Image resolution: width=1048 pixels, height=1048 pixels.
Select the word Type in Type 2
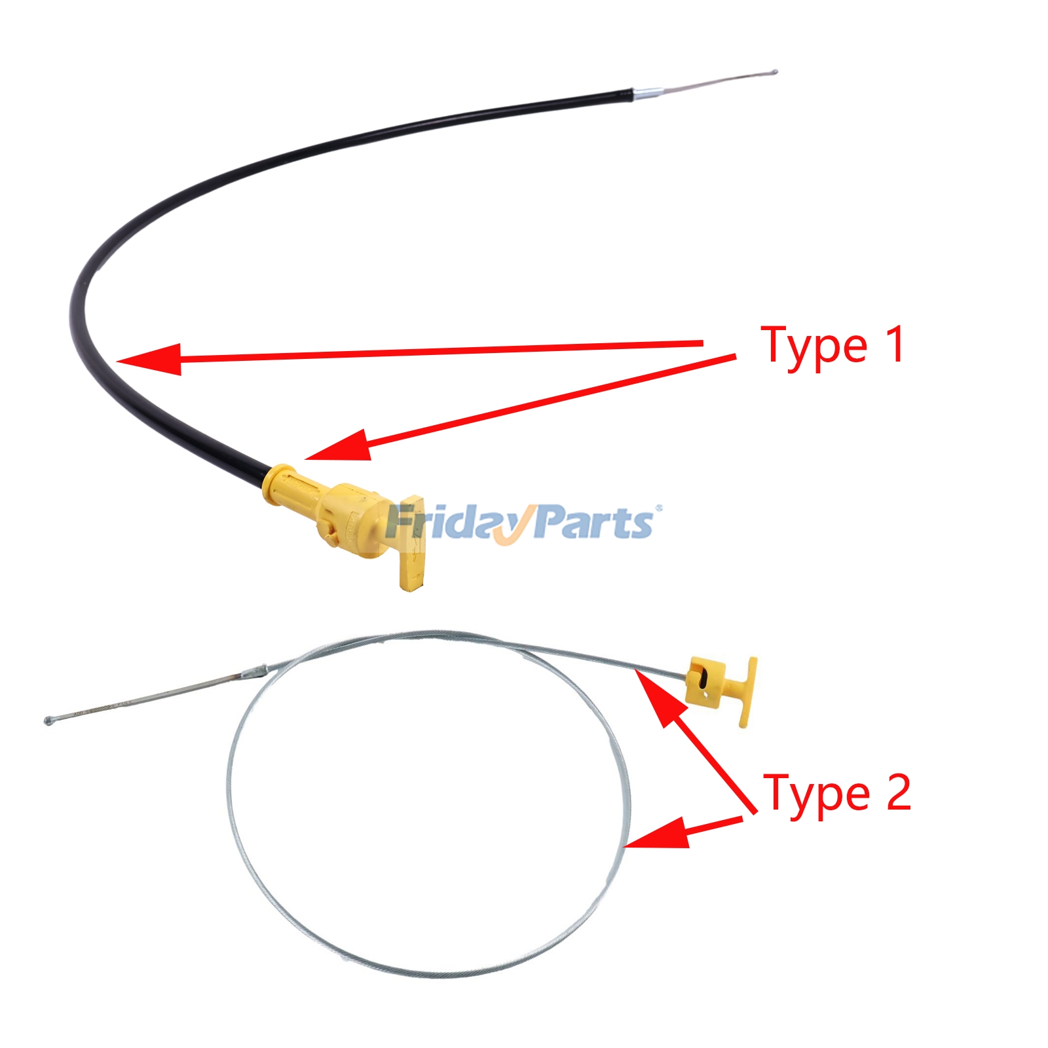click(x=816, y=795)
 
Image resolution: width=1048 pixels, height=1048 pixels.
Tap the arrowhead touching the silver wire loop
click(x=655, y=833)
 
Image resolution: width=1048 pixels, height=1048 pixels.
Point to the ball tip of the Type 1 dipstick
click(x=774, y=71)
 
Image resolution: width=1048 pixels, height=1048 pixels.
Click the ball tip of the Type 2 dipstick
click(x=48, y=720)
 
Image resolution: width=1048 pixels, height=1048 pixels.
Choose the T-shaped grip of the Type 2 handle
click(x=747, y=692)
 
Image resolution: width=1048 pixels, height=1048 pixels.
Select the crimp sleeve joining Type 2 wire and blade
click(x=254, y=672)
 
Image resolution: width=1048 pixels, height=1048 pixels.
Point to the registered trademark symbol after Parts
click(x=658, y=508)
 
